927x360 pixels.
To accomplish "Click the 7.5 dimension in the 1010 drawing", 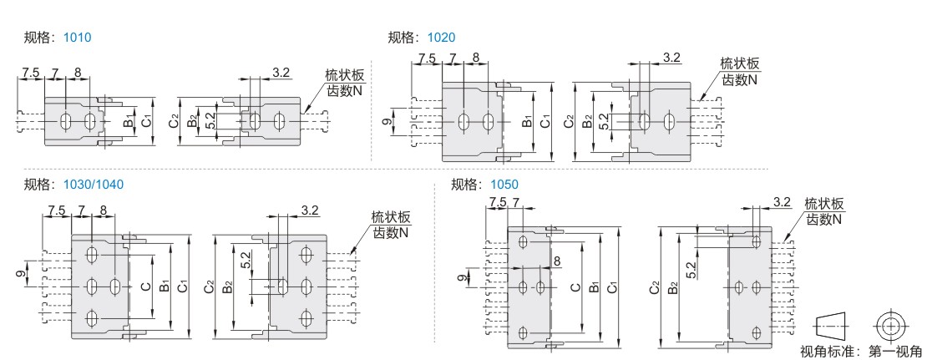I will pyautogui.click(x=30, y=73).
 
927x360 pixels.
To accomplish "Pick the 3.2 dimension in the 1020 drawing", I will pyautogui.click(x=671, y=57).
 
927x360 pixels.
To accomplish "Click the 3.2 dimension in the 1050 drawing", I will pyautogui.click(x=782, y=201).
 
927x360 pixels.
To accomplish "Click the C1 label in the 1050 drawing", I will pyautogui.click(x=612, y=288).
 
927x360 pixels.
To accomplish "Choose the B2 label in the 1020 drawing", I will pyautogui.click(x=588, y=122).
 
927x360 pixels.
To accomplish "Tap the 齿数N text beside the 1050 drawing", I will pyautogui.click(x=824, y=219).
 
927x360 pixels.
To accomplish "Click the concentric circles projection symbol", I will pyautogui.click(x=891, y=323).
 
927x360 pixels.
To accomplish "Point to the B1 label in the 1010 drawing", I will pyautogui.click(x=128, y=122).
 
